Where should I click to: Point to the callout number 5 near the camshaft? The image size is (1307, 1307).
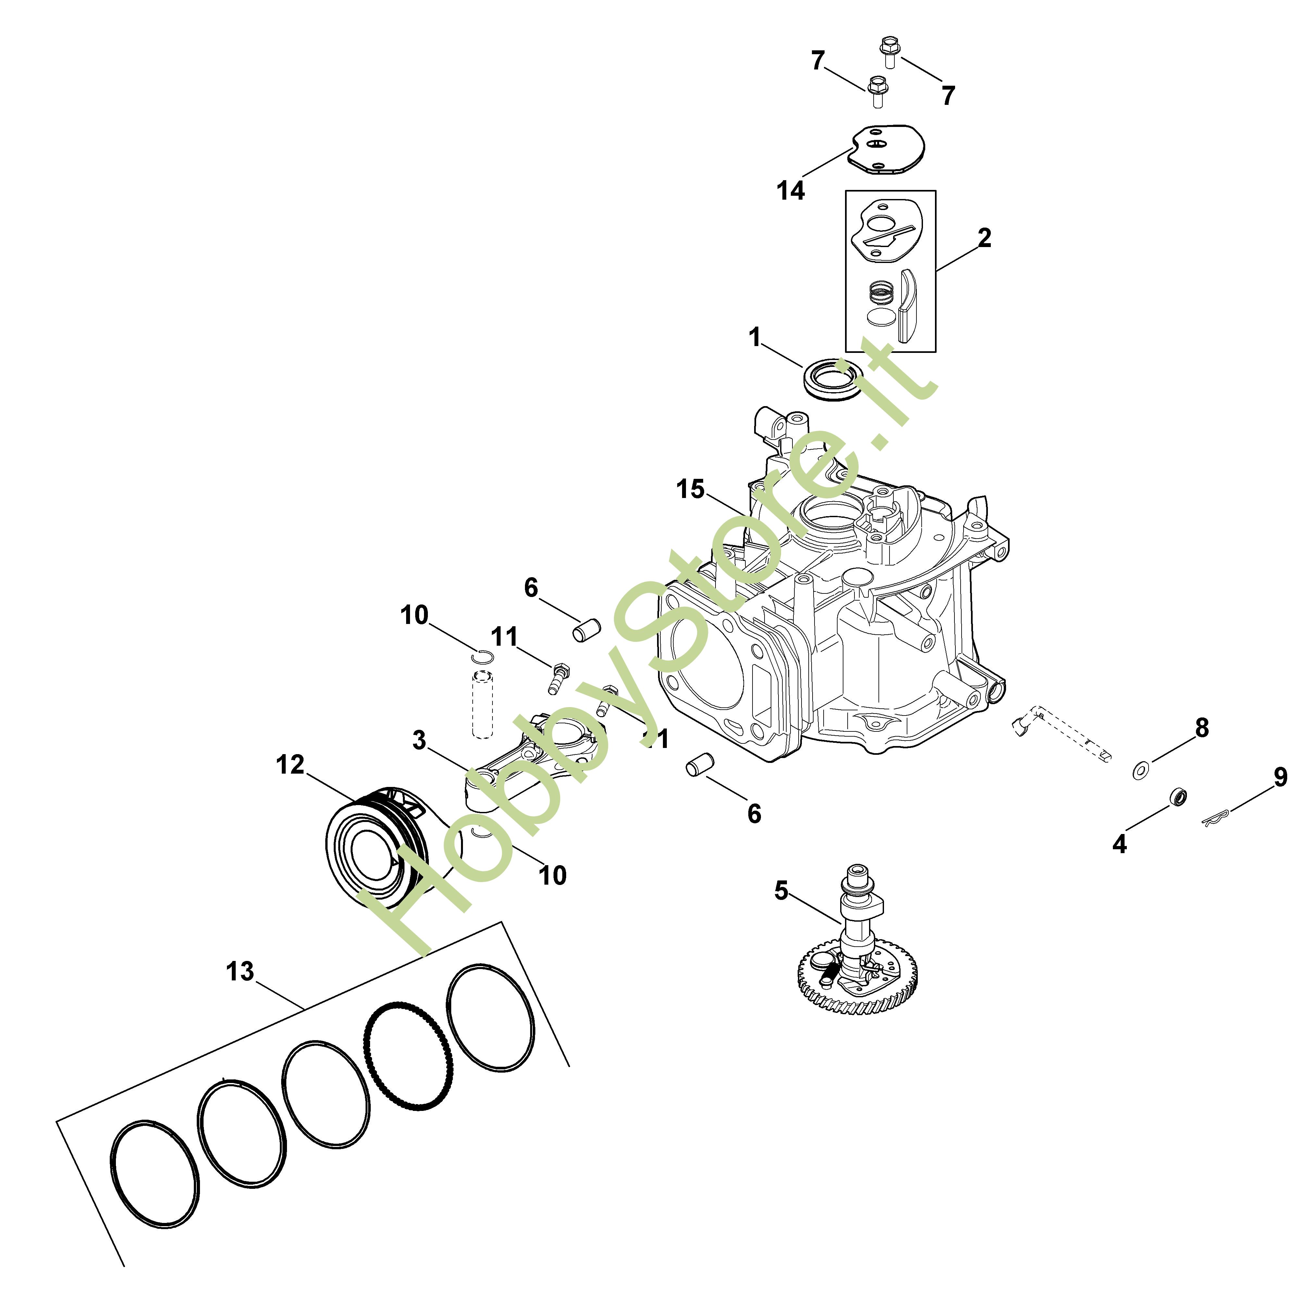pos(781,891)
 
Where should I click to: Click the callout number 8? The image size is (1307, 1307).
pos(1201,728)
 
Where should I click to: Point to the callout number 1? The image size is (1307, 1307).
pos(755,337)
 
